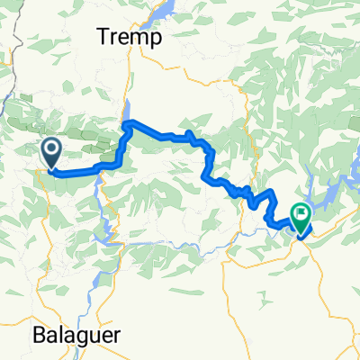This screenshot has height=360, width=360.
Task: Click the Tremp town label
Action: [130, 38]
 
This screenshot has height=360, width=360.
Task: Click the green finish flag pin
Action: [299, 216]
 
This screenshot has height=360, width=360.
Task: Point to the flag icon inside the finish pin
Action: [299, 213]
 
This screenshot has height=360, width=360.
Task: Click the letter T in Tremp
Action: [103, 38]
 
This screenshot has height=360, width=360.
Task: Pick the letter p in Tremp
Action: [155, 40]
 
